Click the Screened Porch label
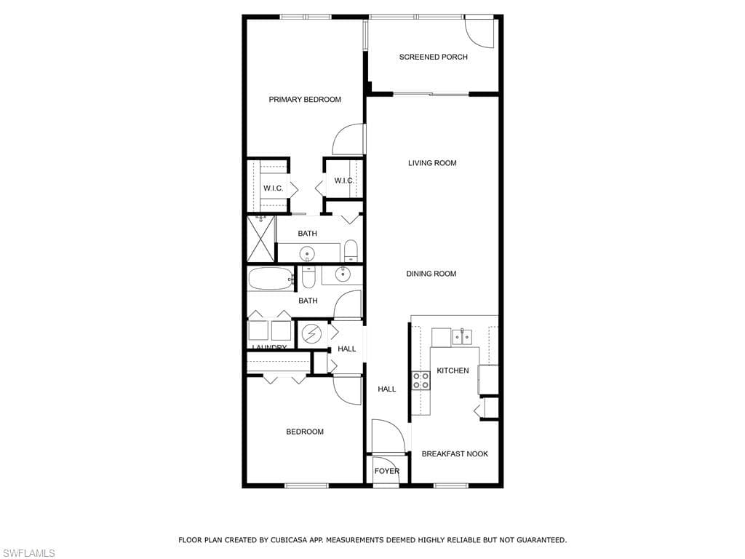[433, 57]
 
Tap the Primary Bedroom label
[305, 100]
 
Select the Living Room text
[432, 163]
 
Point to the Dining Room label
[431, 274]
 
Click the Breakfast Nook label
[455, 454]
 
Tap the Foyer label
[386, 471]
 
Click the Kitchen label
[453, 370]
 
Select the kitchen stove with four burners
[421, 381]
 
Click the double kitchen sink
[461, 336]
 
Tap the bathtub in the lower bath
[270, 278]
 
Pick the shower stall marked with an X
[261, 239]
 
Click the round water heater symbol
[311, 334]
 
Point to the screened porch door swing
[479, 32]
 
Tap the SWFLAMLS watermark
[28, 554]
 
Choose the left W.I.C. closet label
[273, 189]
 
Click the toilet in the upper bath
[351, 251]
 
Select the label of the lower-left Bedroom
[304, 432]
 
